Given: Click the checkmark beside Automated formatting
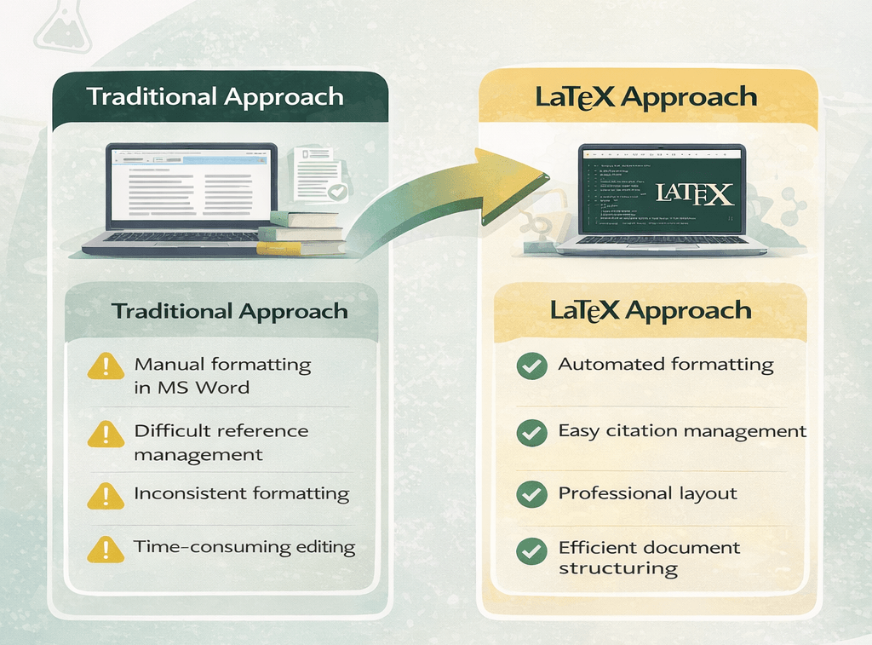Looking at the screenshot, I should (x=532, y=366).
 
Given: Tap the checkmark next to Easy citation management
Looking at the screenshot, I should (x=532, y=433).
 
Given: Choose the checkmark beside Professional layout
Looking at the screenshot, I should (x=532, y=494).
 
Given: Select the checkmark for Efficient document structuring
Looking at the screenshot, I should (x=532, y=550).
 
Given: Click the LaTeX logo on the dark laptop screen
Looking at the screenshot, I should (x=694, y=193).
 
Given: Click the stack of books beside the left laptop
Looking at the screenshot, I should (x=302, y=232).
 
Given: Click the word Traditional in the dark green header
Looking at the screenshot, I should (x=147, y=96).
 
